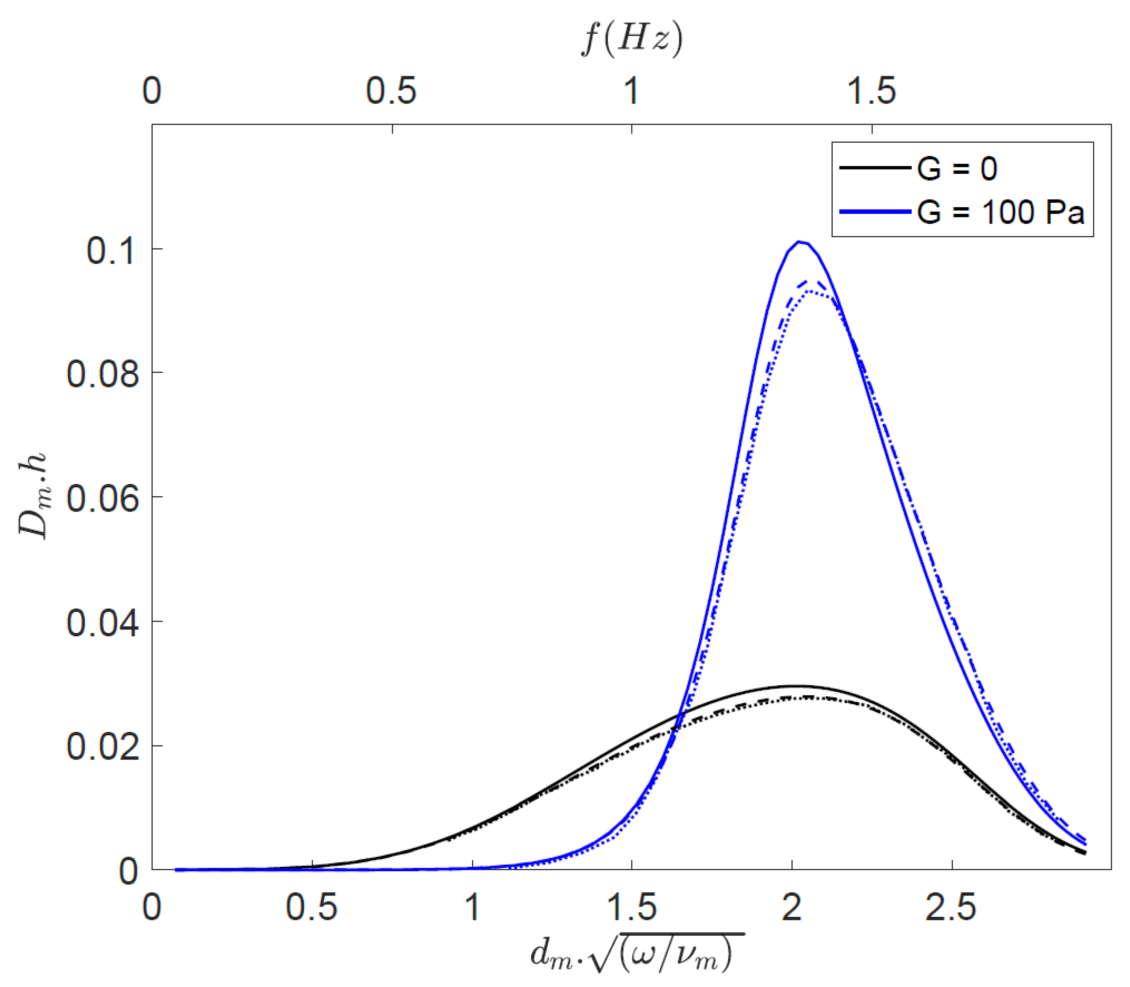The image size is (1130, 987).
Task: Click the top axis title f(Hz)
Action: [x=632, y=40]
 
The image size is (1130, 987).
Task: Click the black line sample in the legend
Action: [x=874, y=167]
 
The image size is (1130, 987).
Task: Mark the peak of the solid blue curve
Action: [x=800, y=242]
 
